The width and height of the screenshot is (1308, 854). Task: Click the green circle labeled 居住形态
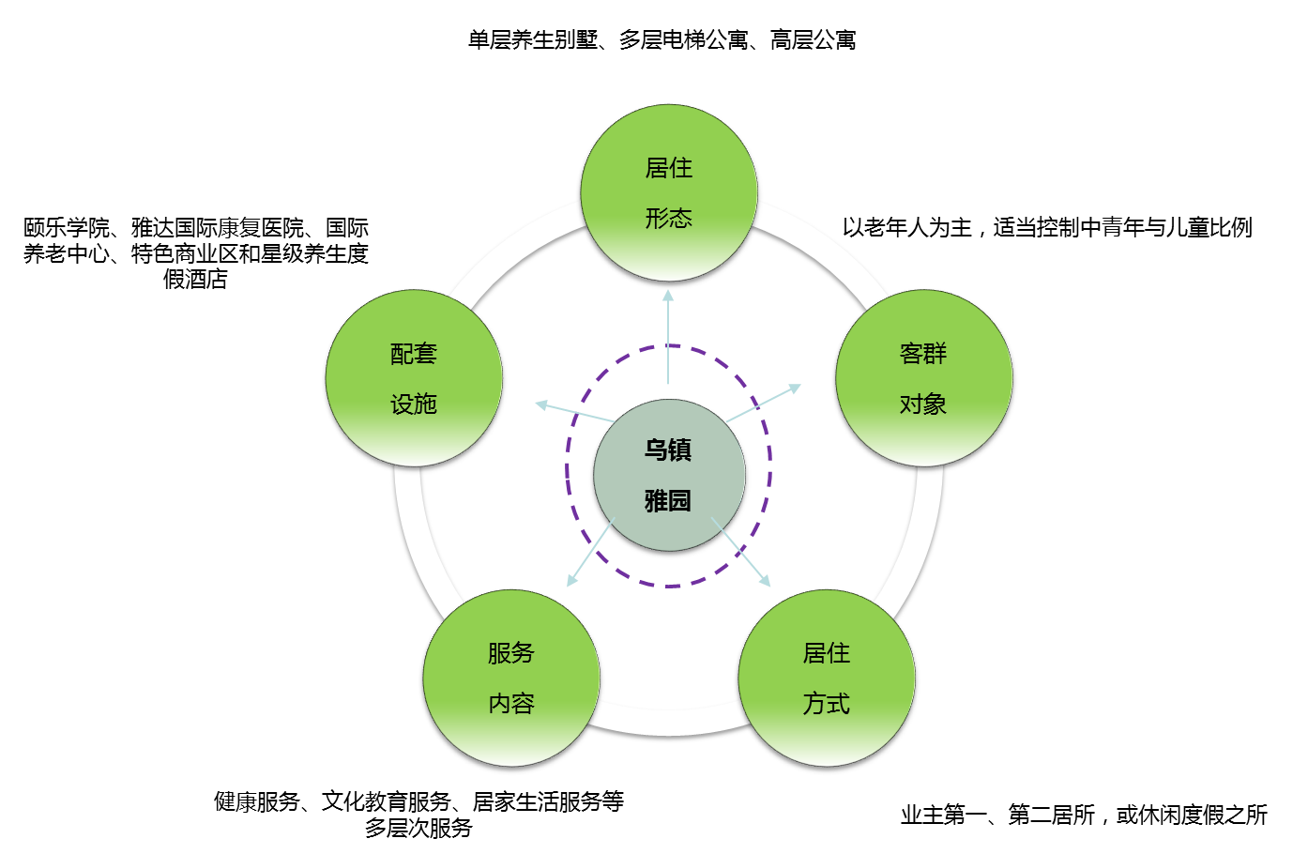pos(668,193)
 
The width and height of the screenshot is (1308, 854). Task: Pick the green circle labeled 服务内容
pos(510,679)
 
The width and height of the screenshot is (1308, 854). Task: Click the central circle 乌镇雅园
pos(668,475)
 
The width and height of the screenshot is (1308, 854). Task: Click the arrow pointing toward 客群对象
pos(764,404)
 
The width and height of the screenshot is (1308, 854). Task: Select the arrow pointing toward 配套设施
pos(572,413)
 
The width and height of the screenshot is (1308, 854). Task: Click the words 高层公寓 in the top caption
pos(813,40)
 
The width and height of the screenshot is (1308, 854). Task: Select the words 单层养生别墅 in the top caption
pos(532,40)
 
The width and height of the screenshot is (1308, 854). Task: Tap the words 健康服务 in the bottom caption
pos(256,802)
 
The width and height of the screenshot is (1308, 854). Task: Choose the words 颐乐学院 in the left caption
pos(67,228)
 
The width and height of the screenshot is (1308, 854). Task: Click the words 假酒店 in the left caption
pos(195,280)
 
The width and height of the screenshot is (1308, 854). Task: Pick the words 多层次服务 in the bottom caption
pos(418,829)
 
